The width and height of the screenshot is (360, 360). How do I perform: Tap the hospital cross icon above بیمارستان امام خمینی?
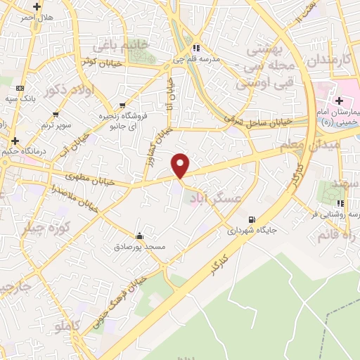(340, 103)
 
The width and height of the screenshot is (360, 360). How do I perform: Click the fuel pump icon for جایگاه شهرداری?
(252, 219)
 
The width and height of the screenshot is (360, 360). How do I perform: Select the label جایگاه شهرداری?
(252, 230)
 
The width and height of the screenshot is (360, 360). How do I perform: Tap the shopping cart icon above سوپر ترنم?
(56, 114)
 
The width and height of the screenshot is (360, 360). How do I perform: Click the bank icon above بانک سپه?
(19, 87)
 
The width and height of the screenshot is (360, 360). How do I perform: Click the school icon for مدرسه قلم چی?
(196, 48)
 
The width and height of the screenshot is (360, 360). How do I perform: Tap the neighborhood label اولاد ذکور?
(63, 90)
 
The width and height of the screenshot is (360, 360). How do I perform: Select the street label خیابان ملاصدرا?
(70, 198)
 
